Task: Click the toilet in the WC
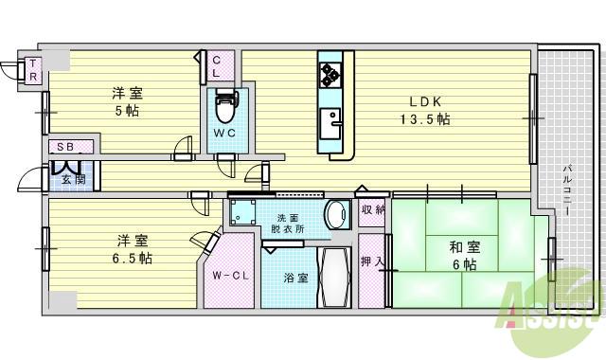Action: [225, 102]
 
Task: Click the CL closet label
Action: [216, 65]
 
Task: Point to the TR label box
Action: [32, 69]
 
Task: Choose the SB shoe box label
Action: [65, 147]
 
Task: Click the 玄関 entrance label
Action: [74, 178]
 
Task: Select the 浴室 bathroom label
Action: [296, 279]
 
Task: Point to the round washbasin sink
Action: [335, 216]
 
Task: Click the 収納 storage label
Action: [372, 210]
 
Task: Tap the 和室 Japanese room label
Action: [464, 247]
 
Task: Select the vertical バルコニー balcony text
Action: [566, 190]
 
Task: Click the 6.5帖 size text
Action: [133, 258]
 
